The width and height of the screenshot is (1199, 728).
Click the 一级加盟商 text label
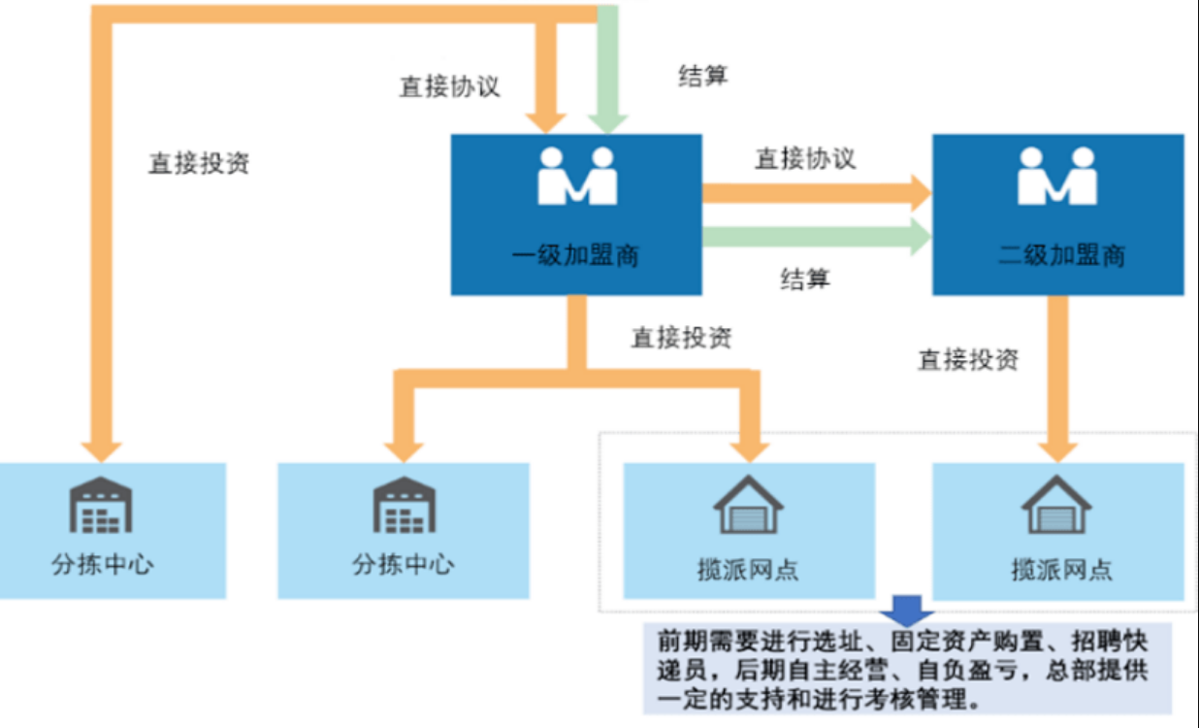[x=575, y=256]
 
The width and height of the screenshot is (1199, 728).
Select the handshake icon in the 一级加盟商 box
[x=577, y=176]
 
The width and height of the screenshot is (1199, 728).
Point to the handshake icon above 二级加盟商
[x=1057, y=176]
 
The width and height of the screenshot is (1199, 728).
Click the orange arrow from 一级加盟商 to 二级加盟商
[x=815, y=192]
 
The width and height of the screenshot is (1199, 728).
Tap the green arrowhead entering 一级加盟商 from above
[x=608, y=122]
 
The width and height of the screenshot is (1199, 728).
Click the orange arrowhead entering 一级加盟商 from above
[x=547, y=122]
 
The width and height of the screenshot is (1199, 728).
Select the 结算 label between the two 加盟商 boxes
[x=805, y=280]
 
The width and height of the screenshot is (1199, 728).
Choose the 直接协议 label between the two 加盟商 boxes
[x=805, y=158]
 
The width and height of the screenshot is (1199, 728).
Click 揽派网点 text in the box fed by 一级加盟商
[x=748, y=569]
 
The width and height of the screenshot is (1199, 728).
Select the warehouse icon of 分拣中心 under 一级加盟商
[x=403, y=505]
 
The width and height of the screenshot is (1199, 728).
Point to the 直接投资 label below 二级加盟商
[x=968, y=360]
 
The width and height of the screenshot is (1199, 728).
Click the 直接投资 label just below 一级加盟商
[x=681, y=338]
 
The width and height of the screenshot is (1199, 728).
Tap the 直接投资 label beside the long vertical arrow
[x=199, y=163]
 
